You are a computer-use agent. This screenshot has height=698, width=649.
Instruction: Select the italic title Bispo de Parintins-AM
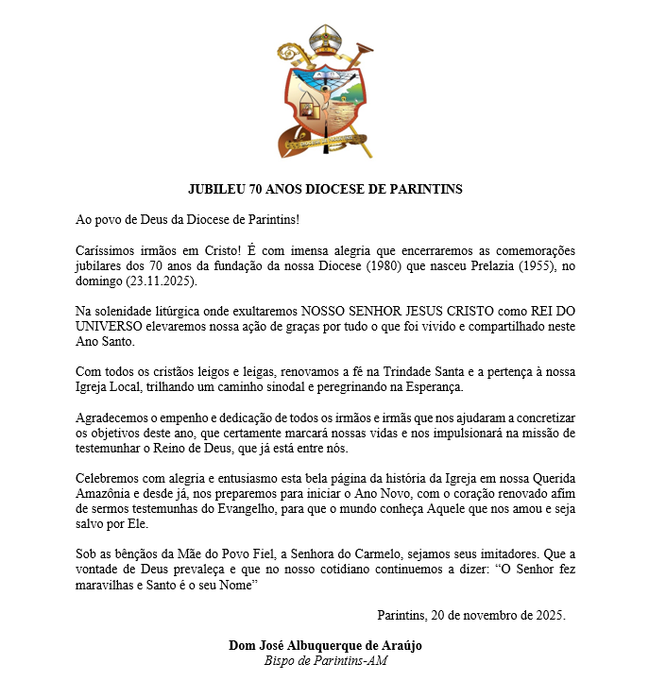326,661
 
